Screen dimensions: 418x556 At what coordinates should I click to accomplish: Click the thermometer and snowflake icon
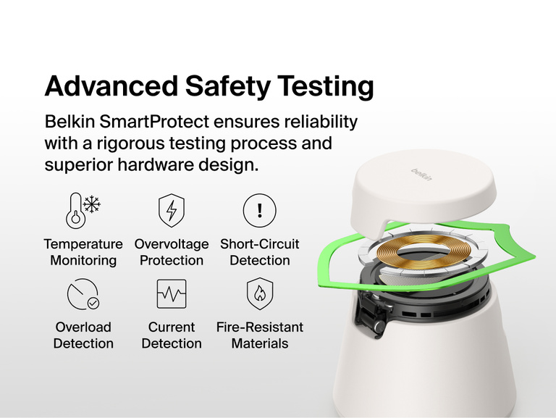tap(83, 210)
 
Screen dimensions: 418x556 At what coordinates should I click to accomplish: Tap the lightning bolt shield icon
tap(171, 210)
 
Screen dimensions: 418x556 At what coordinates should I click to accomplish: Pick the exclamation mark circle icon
tap(259, 211)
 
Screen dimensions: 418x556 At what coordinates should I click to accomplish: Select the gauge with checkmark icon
tap(83, 293)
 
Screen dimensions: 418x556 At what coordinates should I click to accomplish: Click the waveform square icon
tap(171, 293)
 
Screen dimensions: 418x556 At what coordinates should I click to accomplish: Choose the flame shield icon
tap(259, 293)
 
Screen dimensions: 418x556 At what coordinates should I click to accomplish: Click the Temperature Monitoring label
tap(83, 252)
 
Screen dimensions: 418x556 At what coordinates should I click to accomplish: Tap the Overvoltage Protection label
tap(172, 252)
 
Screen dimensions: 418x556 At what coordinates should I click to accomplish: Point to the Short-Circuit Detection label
tap(259, 252)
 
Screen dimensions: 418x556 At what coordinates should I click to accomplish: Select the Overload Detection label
tap(83, 335)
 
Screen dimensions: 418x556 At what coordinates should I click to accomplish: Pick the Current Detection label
tap(172, 335)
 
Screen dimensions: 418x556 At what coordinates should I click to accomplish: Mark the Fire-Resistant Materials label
tap(259, 335)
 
